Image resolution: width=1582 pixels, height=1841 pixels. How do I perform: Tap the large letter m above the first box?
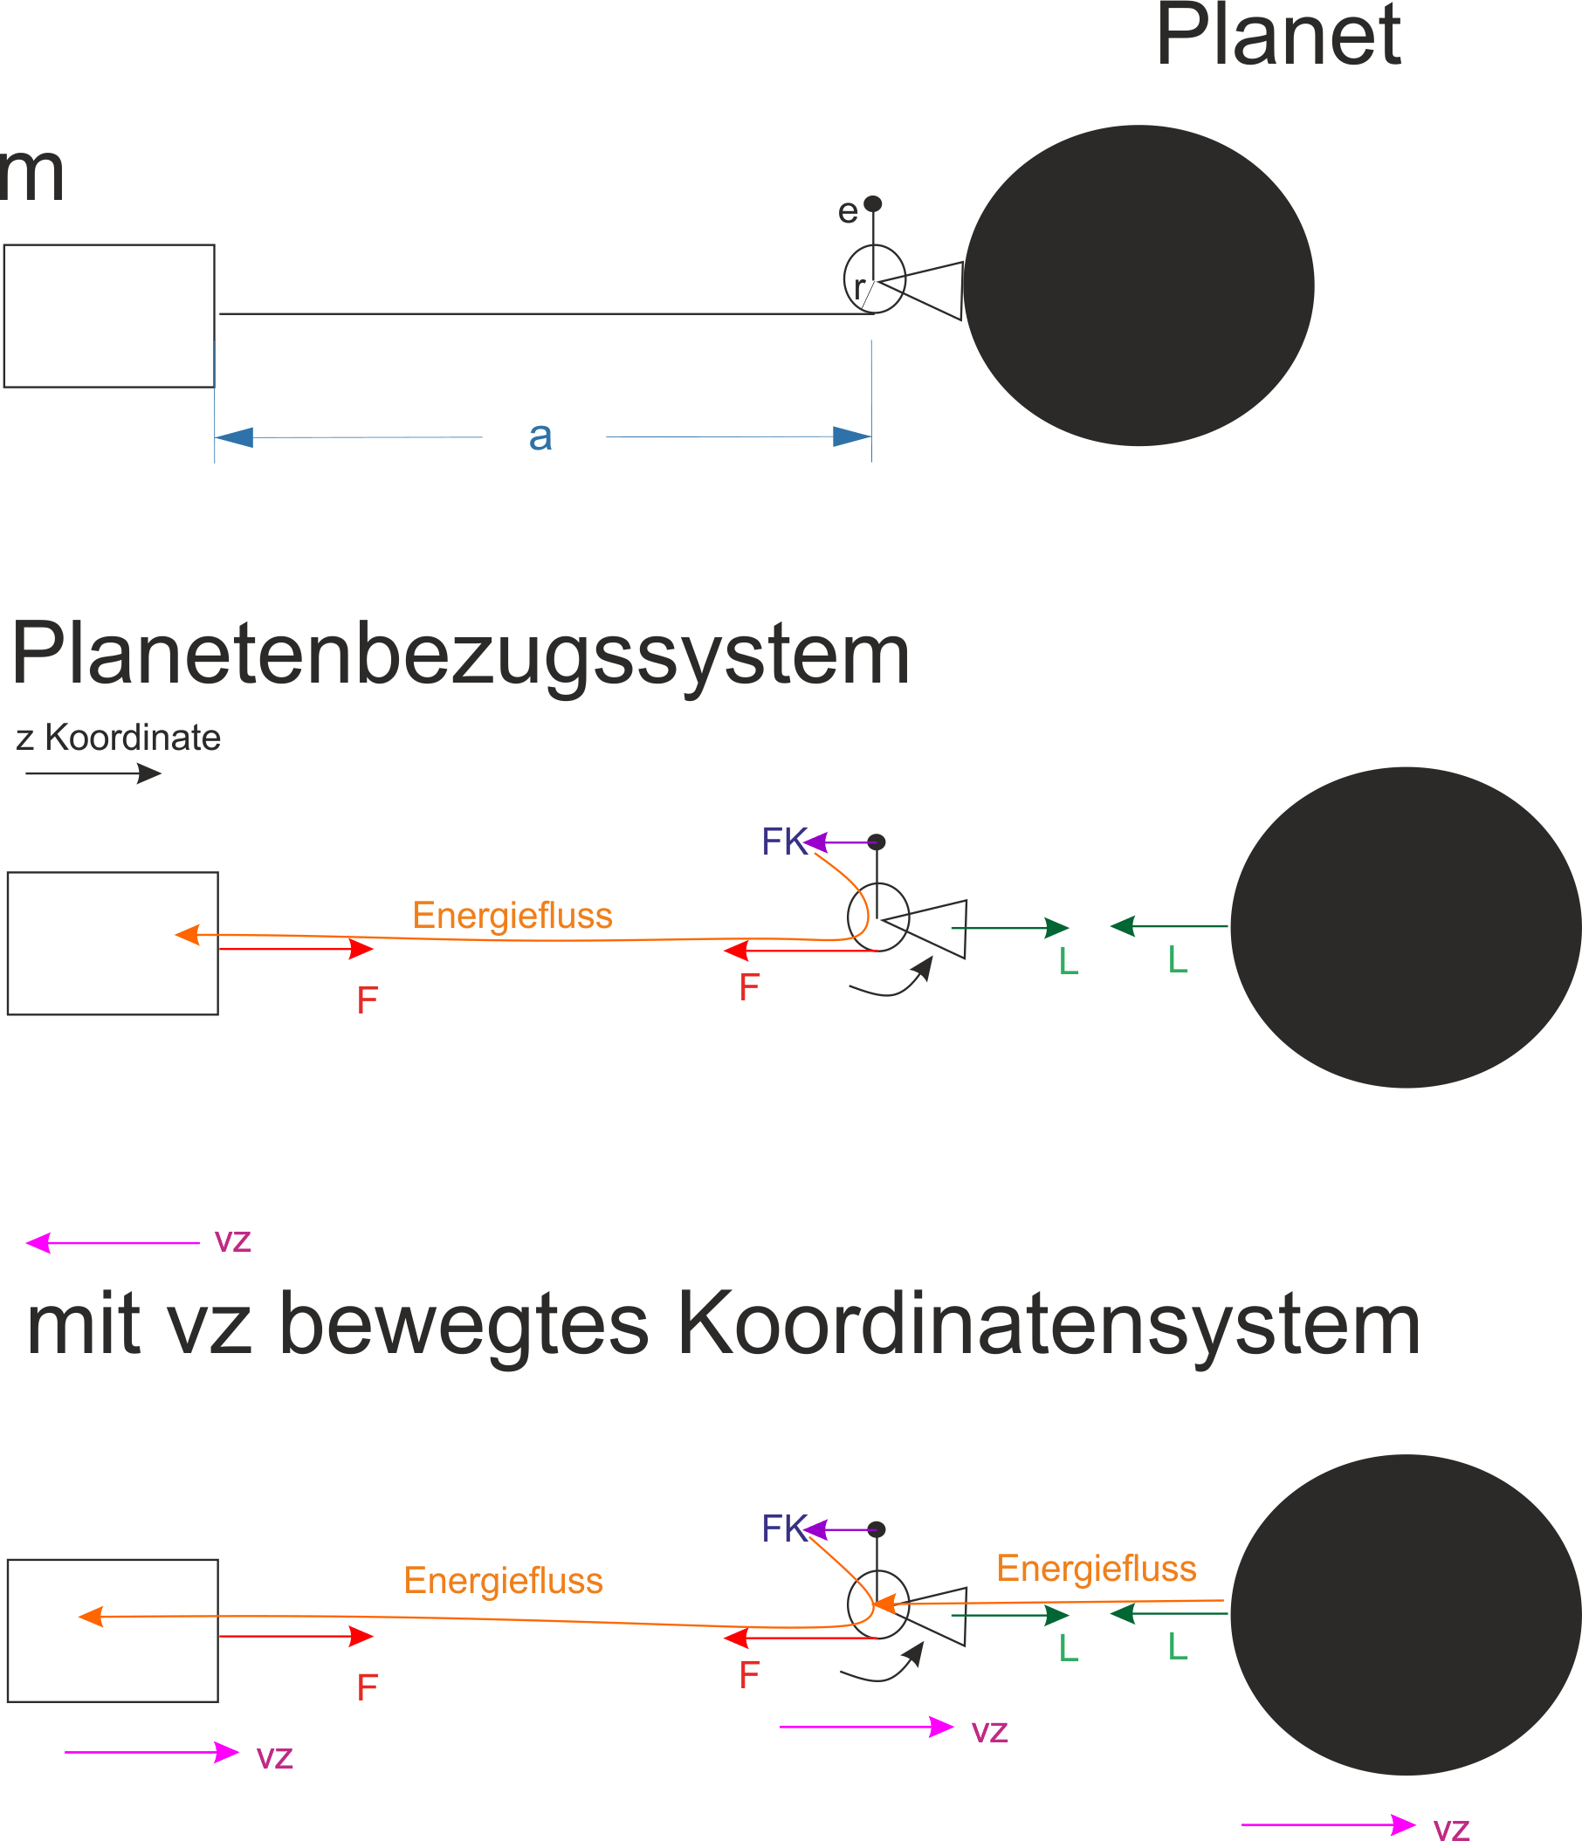31,175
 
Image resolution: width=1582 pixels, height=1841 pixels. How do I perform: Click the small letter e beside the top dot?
848,211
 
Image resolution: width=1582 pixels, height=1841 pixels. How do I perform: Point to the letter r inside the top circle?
859,287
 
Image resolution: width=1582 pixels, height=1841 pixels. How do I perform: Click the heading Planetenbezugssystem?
460,654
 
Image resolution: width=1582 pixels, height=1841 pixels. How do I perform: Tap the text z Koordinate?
118,738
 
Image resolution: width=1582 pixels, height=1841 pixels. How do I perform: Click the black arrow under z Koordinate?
93,774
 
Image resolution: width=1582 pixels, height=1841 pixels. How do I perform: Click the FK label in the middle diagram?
784,842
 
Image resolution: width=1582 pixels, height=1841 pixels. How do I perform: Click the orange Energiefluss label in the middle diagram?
512,915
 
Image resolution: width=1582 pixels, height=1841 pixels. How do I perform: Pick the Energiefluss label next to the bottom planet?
1097,1569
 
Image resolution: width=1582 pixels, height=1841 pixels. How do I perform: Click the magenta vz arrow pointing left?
113,1243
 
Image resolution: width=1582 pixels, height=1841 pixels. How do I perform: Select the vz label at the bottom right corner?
1451,1828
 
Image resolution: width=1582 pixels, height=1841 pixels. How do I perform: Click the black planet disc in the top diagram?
1138,285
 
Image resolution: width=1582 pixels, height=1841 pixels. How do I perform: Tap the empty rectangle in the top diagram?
109,316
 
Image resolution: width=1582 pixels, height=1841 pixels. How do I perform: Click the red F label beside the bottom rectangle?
367,1687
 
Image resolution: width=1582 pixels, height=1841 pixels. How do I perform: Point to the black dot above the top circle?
873,203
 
